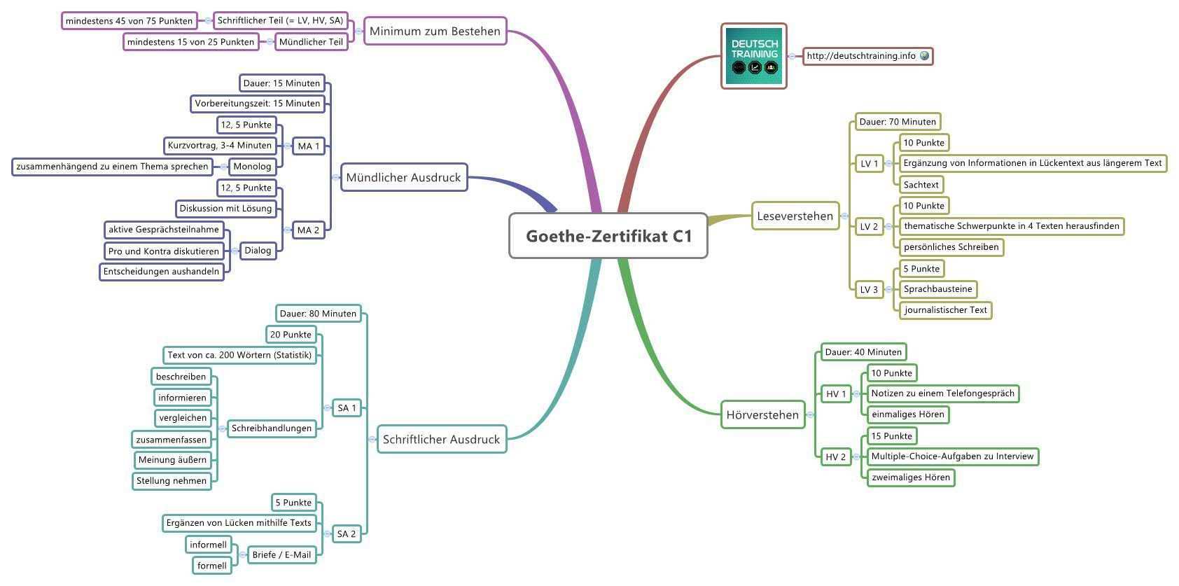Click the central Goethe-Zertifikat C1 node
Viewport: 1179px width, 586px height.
[608, 236]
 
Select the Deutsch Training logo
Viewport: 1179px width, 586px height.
[754, 56]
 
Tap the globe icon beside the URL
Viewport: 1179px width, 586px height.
[924, 55]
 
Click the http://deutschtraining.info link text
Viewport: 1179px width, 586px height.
[860, 56]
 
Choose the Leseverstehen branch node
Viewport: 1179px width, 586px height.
[795, 216]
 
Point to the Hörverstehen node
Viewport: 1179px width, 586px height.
[762, 414]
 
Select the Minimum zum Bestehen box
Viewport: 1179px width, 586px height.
[435, 31]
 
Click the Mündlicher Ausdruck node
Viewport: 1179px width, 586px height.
[403, 177]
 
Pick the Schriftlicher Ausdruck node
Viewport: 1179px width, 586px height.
[441, 439]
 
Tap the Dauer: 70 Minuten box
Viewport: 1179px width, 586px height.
[897, 121]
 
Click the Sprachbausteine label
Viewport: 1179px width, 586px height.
[937, 289]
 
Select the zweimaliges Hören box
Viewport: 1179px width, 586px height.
[910, 477]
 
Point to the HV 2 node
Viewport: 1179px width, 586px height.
[835, 456]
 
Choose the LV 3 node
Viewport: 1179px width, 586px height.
[869, 289]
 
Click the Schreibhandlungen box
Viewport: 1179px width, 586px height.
[272, 428]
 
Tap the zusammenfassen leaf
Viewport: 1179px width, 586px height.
[172, 440]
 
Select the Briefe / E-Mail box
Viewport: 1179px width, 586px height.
[281, 554]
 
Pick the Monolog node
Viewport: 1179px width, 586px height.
[252, 166]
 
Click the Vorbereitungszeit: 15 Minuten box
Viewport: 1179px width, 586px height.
[257, 104]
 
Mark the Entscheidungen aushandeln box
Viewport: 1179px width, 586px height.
[161, 271]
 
